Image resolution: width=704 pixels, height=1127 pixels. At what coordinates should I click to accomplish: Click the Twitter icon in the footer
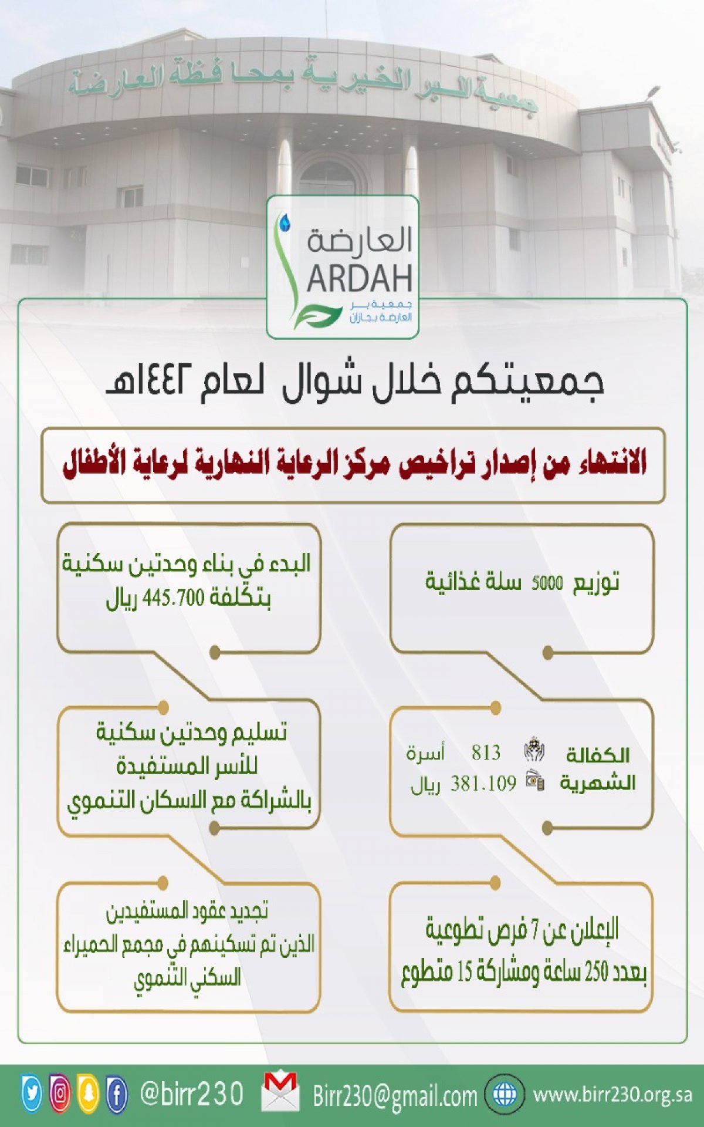coord(32,1093)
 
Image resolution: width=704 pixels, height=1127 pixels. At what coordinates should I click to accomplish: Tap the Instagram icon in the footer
coord(60,1093)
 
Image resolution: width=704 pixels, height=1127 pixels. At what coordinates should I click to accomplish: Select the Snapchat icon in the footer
coord(89,1093)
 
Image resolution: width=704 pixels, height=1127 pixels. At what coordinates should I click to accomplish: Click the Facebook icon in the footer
coord(117,1093)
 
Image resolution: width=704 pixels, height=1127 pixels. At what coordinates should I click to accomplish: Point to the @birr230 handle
coord(191,1094)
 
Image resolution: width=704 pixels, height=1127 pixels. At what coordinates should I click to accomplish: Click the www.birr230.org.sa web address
coord(612,1095)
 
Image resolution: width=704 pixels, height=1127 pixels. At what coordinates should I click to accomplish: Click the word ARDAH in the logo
coord(360,279)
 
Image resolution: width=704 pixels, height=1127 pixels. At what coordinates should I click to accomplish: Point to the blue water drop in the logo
coord(285,222)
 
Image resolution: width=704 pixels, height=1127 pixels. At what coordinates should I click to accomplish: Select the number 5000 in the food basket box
coord(547,583)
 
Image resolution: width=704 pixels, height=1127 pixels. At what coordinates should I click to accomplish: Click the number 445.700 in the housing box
coord(172,598)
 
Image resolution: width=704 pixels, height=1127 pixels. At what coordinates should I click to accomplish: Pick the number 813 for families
coord(486,752)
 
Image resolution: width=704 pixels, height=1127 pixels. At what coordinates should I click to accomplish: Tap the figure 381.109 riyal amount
coord(483,783)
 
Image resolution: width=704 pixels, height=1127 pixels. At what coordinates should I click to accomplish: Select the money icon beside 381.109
coord(535,780)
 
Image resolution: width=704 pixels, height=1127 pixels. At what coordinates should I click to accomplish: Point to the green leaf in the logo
coord(317,316)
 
